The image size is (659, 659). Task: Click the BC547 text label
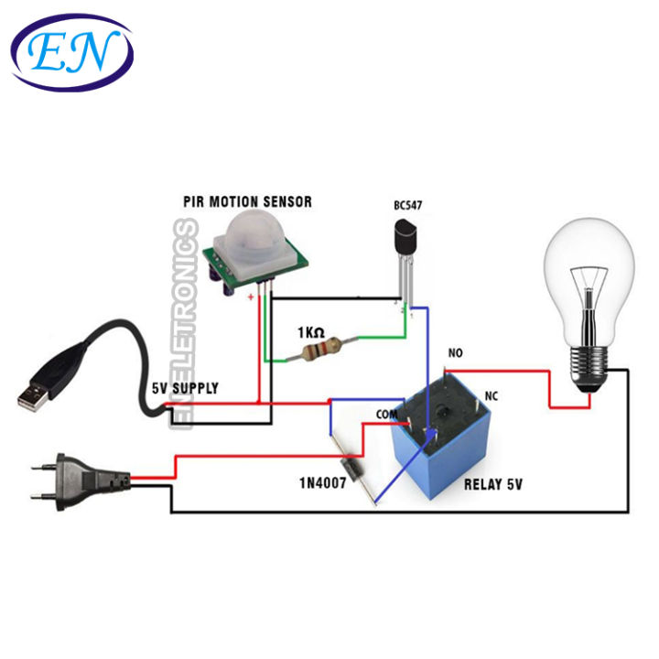(408, 206)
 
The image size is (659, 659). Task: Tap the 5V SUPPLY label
(185, 388)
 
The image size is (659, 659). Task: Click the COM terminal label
(389, 415)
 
